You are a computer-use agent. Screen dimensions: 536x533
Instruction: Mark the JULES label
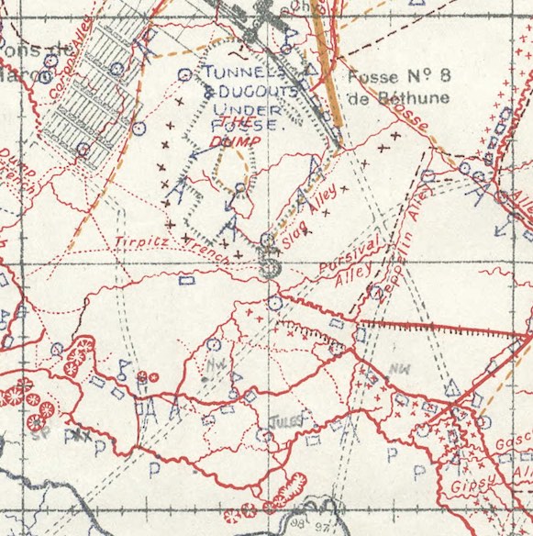[x=284, y=422]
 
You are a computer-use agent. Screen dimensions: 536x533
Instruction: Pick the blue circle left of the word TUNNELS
[x=184, y=74]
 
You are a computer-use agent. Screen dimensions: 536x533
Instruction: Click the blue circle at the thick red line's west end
[x=274, y=302]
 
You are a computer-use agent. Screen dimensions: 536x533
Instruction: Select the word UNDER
[x=233, y=109]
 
